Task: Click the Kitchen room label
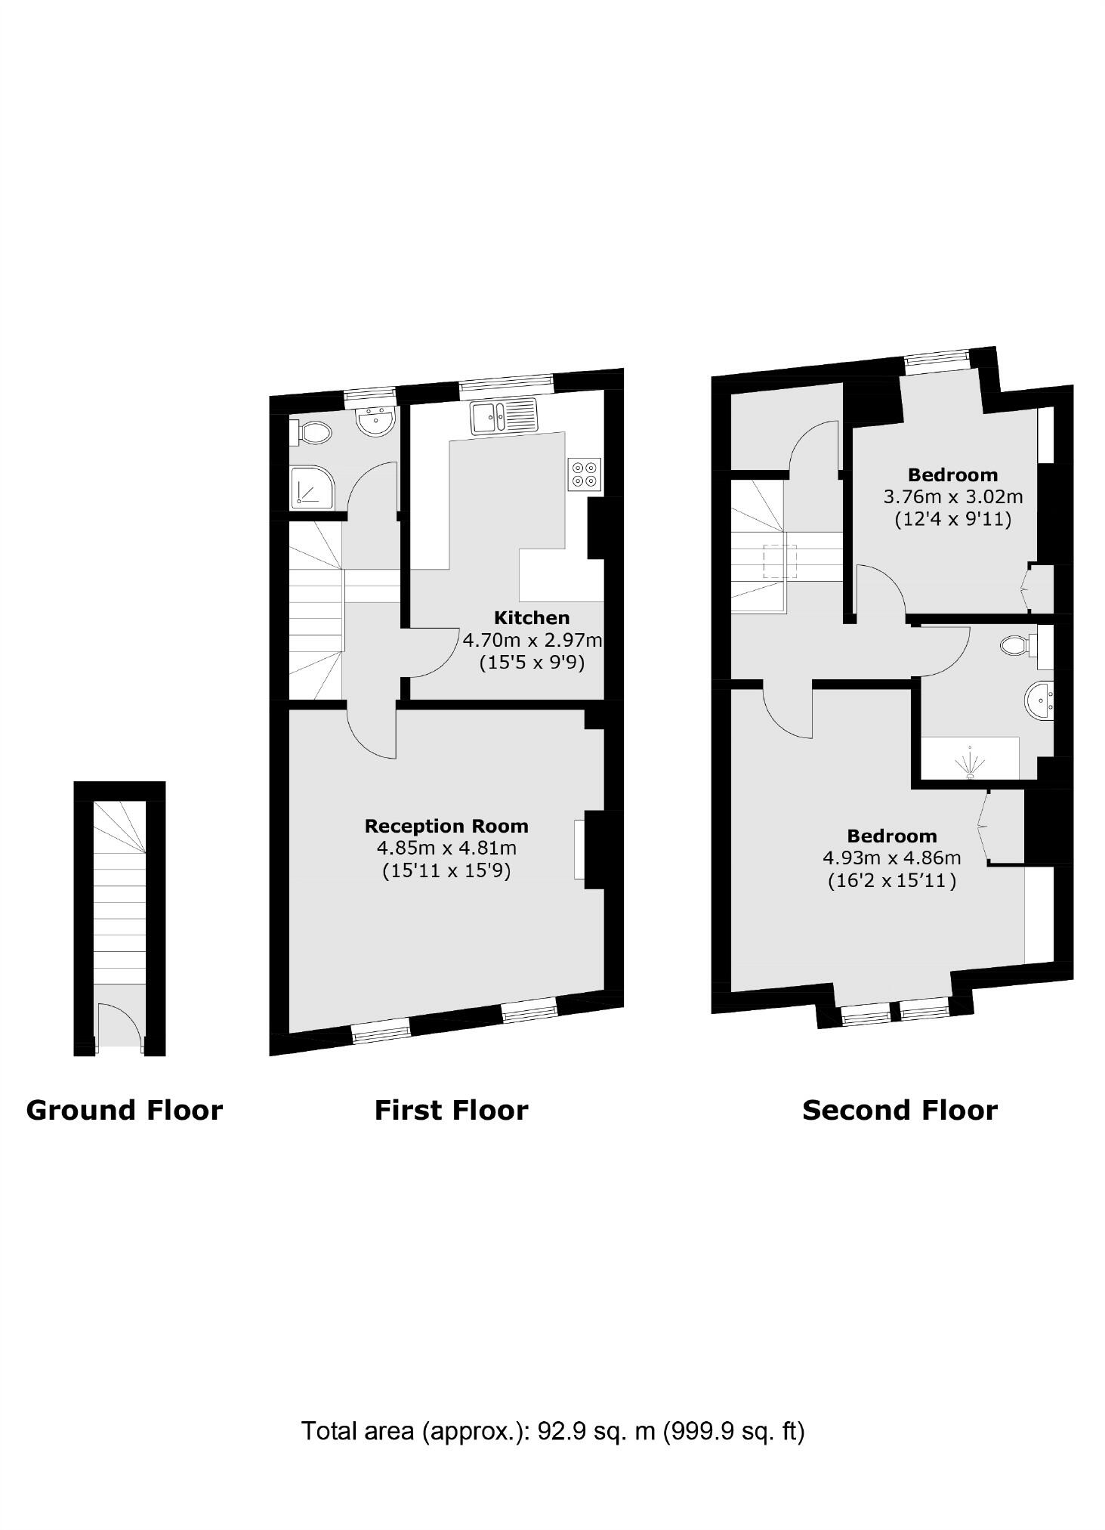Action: (x=531, y=617)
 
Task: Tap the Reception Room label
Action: (x=446, y=826)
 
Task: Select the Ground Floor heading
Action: (x=125, y=1111)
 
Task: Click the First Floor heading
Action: (x=451, y=1111)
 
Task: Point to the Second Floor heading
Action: (x=900, y=1111)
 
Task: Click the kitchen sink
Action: (x=504, y=416)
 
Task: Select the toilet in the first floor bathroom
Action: (x=313, y=432)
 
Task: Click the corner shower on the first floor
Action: (x=311, y=487)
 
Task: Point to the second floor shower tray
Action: (x=970, y=758)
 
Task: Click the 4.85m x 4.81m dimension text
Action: (x=446, y=848)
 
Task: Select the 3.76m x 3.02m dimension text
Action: (x=952, y=497)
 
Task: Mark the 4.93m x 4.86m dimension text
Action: (x=891, y=858)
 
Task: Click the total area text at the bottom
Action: (x=553, y=1431)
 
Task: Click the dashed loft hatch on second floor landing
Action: (x=780, y=561)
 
